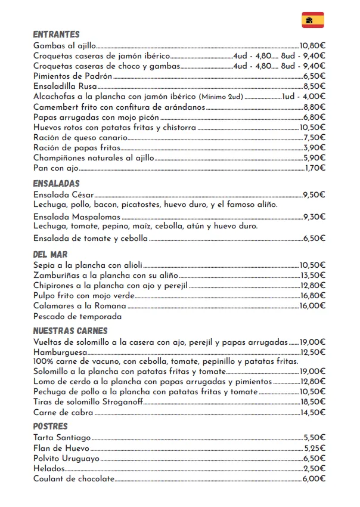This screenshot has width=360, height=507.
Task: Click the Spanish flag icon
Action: point(313,20)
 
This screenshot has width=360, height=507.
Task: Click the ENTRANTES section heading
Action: point(56,35)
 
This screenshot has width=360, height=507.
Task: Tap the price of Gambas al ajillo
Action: point(312,45)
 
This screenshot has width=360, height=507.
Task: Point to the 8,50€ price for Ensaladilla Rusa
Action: point(314,86)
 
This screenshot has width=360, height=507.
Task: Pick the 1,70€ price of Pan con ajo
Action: point(314,168)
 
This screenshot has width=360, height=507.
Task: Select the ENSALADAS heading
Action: point(56,184)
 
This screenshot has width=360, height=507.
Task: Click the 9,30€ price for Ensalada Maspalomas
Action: point(314,217)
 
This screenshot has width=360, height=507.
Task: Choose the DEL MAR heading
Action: point(50,255)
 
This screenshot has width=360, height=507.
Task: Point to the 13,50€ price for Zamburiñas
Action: point(312,275)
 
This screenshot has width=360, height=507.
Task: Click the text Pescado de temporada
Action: point(77,316)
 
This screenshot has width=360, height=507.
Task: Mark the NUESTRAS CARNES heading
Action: point(70,331)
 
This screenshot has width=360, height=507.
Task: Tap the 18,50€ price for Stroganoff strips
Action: point(312,403)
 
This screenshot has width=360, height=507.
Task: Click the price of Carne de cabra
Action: point(312,413)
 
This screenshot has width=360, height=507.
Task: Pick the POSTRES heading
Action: point(50,426)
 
